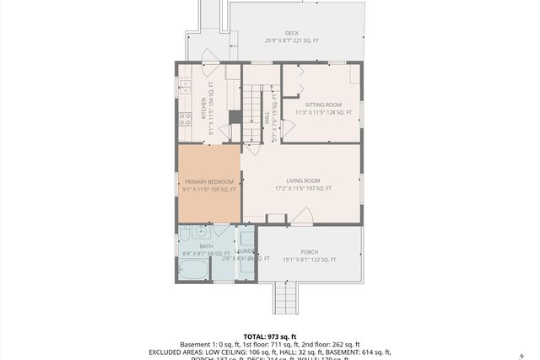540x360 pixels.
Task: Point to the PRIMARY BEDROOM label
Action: coord(208,185)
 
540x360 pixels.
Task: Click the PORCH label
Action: coord(309,255)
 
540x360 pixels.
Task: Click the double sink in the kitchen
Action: coord(183,86)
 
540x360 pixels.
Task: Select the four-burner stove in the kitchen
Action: coord(184,119)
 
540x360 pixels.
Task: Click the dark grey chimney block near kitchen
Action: coord(235,117)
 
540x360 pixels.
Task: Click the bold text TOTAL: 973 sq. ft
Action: coord(269,336)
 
